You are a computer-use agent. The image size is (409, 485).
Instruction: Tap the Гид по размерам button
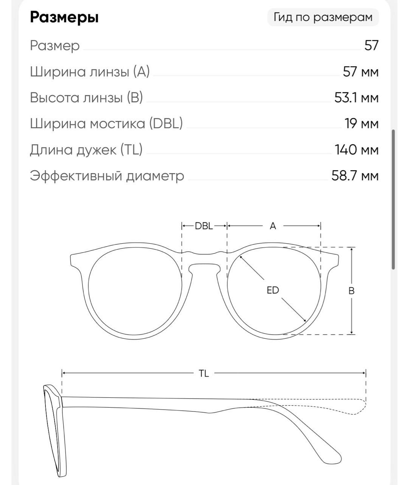pyautogui.click(x=323, y=17)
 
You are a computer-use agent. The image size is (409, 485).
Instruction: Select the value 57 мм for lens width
pyautogui.click(x=361, y=72)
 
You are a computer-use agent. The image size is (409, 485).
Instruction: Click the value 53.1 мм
pyautogui.click(x=356, y=97)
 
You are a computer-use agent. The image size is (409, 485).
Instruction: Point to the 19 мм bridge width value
pyautogui.click(x=361, y=124)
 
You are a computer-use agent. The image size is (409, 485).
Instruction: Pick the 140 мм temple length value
pyautogui.click(x=356, y=150)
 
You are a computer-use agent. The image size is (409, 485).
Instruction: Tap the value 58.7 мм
pyautogui.click(x=355, y=175)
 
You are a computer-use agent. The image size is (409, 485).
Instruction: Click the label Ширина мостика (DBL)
pyautogui.click(x=106, y=124)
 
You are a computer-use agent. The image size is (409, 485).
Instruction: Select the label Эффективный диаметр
pyautogui.click(x=107, y=176)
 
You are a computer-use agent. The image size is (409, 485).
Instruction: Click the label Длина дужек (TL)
pyautogui.click(x=86, y=150)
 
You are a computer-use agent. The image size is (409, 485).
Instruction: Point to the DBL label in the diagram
pyautogui.click(x=204, y=226)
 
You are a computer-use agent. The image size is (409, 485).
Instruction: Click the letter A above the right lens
pyautogui.click(x=273, y=226)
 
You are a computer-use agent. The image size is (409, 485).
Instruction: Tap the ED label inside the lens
pyautogui.click(x=273, y=290)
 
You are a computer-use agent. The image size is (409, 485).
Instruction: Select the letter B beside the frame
pyautogui.click(x=351, y=291)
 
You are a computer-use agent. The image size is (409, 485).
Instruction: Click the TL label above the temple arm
pyautogui.click(x=204, y=374)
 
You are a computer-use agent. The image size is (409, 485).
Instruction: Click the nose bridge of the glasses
pyautogui.click(x=204, y=259)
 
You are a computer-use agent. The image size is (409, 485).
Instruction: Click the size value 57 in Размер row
pyautogui.click(x=372, y=45)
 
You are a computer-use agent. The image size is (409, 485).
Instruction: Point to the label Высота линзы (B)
pyautogui.click(x=86, y=97)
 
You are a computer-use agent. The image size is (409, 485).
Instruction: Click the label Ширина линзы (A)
pyautogui.click(x=90, y=72)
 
